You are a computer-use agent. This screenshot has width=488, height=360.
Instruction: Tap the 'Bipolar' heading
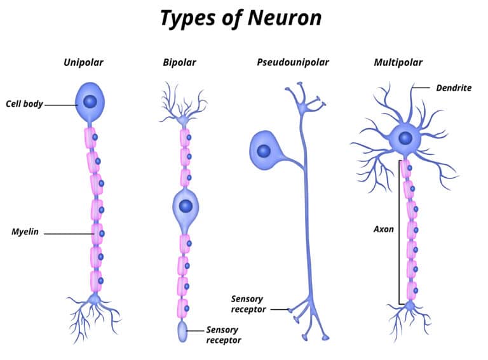(179, 62)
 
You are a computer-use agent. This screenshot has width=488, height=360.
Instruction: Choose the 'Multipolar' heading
(398, 62)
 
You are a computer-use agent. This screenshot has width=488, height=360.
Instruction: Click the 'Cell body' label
(24, 103)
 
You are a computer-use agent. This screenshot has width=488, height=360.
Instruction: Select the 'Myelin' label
(25, 232)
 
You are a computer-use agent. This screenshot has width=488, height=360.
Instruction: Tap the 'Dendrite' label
(454, 88)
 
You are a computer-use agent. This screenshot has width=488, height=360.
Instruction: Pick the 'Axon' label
(383, 229)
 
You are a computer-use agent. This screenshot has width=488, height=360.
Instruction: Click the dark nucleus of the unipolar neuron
(91, 101)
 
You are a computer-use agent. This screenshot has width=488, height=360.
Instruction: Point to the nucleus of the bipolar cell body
(186, 206)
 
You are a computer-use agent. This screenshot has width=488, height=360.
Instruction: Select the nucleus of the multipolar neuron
(405, 138)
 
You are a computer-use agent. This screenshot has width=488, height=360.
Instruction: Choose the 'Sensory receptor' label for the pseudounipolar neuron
(247, 303)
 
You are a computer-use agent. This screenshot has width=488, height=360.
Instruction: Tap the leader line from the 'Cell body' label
(60, 104)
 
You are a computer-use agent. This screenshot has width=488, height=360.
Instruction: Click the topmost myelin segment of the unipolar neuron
(90, 138)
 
